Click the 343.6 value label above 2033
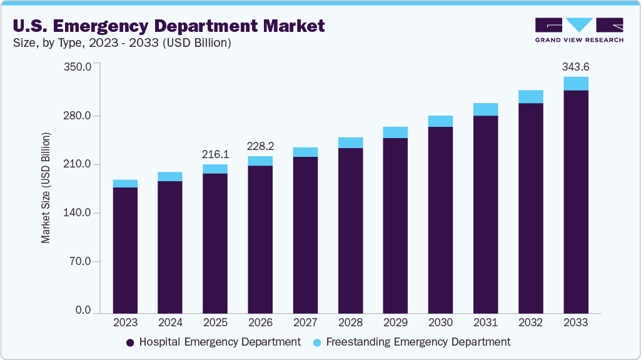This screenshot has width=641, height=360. tap(576, 67)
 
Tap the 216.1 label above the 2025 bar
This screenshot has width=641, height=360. tap(215, 154)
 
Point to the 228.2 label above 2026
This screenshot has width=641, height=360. tap(260, 146)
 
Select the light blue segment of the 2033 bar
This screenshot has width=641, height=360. tap(576, 84)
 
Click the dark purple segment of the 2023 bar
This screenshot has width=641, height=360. tap(125, 250)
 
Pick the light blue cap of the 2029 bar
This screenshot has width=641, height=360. tap(395, 132)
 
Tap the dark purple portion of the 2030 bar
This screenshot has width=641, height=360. tap(440, 219)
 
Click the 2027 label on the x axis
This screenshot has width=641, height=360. tap(305, 322)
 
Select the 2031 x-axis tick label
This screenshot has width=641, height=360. tap(485, 322)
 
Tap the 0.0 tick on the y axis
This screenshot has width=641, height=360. tap(83, 311)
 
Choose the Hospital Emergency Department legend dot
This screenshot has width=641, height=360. tap(130, 342)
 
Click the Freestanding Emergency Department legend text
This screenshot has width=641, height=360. tap(418, 342)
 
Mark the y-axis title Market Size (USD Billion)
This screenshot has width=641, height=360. tap(46, 187)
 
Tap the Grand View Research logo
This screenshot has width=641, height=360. tap(579, 30)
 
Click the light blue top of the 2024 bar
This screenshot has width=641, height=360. tap(170, 177)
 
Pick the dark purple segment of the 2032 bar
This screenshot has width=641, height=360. tap(531, 206)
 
